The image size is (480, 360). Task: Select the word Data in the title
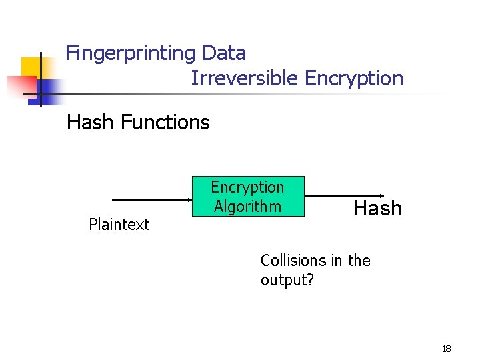point(224,53)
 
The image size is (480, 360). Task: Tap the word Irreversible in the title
point(245,79)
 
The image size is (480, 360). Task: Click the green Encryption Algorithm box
point(247,197)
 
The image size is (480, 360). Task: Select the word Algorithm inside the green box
point(247,207)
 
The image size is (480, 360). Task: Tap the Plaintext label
point(119,225)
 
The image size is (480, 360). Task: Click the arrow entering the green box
point(151,199)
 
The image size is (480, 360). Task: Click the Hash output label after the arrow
point(377,209)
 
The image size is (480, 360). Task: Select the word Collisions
point(292,261)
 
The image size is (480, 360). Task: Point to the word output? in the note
point(287,279)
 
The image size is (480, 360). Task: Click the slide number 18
point(446,349)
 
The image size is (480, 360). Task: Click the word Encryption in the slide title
point(354,79)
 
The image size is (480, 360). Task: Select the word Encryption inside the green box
point(247,187)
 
